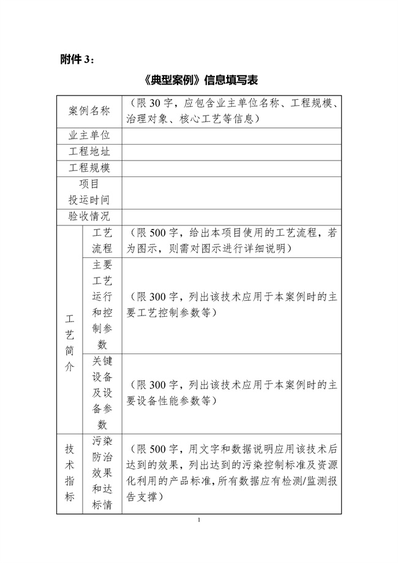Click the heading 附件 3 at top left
(x=78, y=59)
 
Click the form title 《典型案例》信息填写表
(x=200, y=80)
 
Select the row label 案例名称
(x=89, y=111)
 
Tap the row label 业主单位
(x=89, y=135)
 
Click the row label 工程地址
(x=89, y=152)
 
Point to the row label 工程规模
(x=89, y=168)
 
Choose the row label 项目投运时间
(x=89, y=192)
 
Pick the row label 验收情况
(x=89, y=216)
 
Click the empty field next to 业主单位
(x=231, y=135)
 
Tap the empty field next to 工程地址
(x=231, y=152)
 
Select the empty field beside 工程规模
(x=231, y=168)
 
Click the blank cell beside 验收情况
(x=231, y=216)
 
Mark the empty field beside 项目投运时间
(x=231, y=192)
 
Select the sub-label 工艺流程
(x=101, y=241)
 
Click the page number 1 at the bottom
(x=200, y=520)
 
